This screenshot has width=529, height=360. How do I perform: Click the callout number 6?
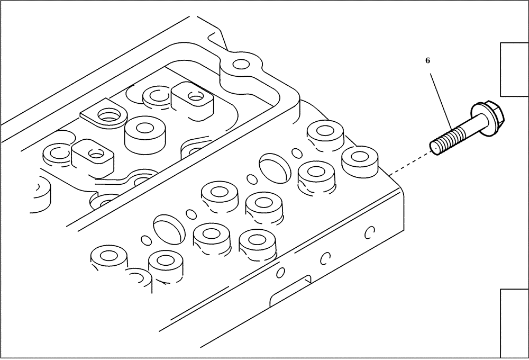click(x=427, y=61)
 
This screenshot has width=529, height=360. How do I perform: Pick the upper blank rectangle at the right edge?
click(x=514, y=69)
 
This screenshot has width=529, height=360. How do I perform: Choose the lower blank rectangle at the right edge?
click(x=514, y=323)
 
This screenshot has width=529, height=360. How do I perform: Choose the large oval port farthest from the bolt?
click(x=169, y=227)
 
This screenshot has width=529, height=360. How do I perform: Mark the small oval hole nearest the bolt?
click(x=297, y=153)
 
